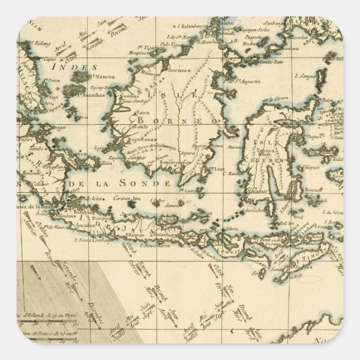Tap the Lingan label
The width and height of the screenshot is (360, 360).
[x=57, y=127]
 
